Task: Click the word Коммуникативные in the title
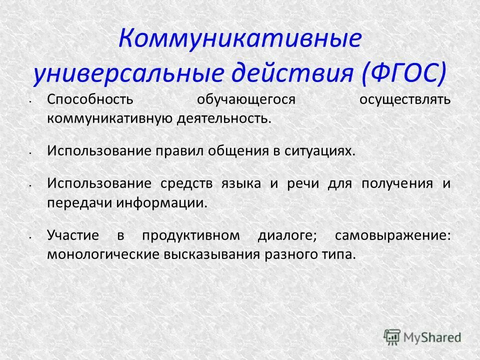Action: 239,38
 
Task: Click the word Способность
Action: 90,99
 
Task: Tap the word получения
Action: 398,183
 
